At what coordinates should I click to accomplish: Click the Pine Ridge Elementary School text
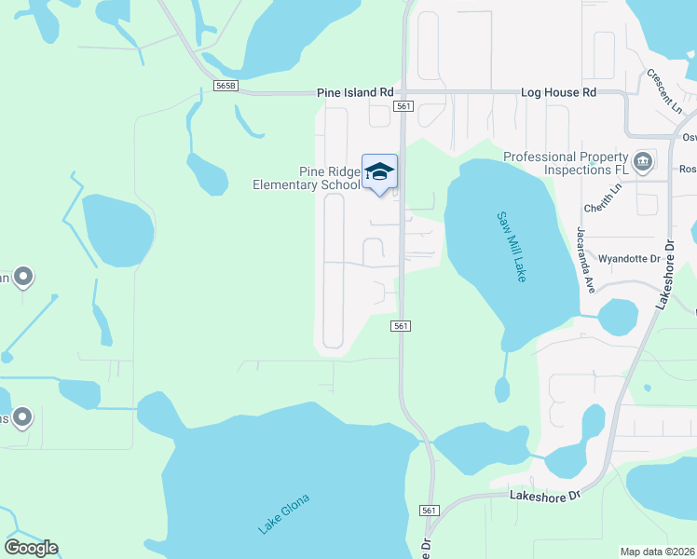pos(306,178)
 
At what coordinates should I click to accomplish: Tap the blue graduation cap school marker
pos(379,172)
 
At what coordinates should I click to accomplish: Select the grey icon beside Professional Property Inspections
pos(642,163)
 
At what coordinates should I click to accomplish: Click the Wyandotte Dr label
pos(629,258)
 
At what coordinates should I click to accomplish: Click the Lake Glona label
pos(283,513)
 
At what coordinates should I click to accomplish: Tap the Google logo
pos(31,548)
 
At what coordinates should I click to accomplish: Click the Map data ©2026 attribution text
pos(658,552)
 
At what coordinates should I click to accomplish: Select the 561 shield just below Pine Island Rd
pos(403,107)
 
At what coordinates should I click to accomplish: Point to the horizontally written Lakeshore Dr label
pos(545,496)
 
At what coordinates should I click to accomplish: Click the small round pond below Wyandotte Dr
pos(617,317)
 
